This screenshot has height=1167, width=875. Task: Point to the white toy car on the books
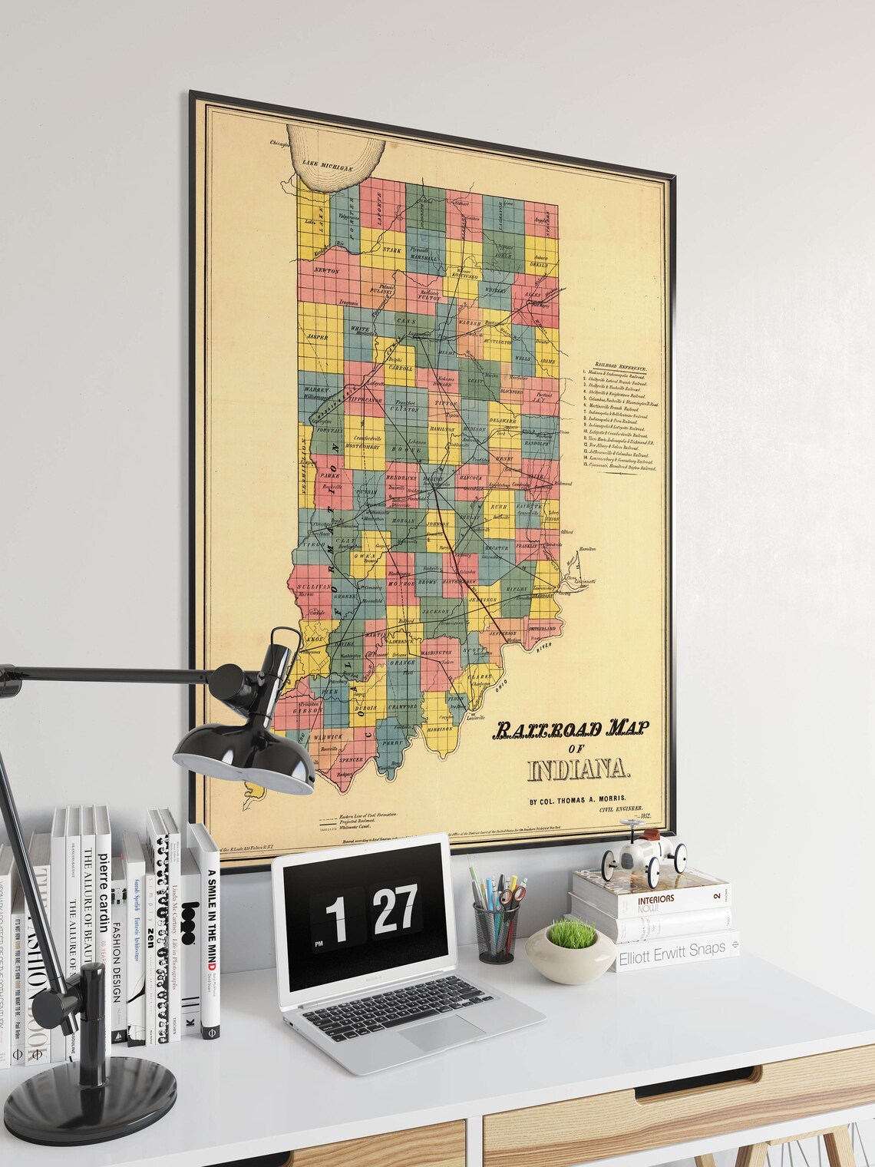(643, 851)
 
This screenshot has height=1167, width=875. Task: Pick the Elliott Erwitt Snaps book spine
(672, 949)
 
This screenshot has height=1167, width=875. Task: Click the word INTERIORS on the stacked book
(649, 898)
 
